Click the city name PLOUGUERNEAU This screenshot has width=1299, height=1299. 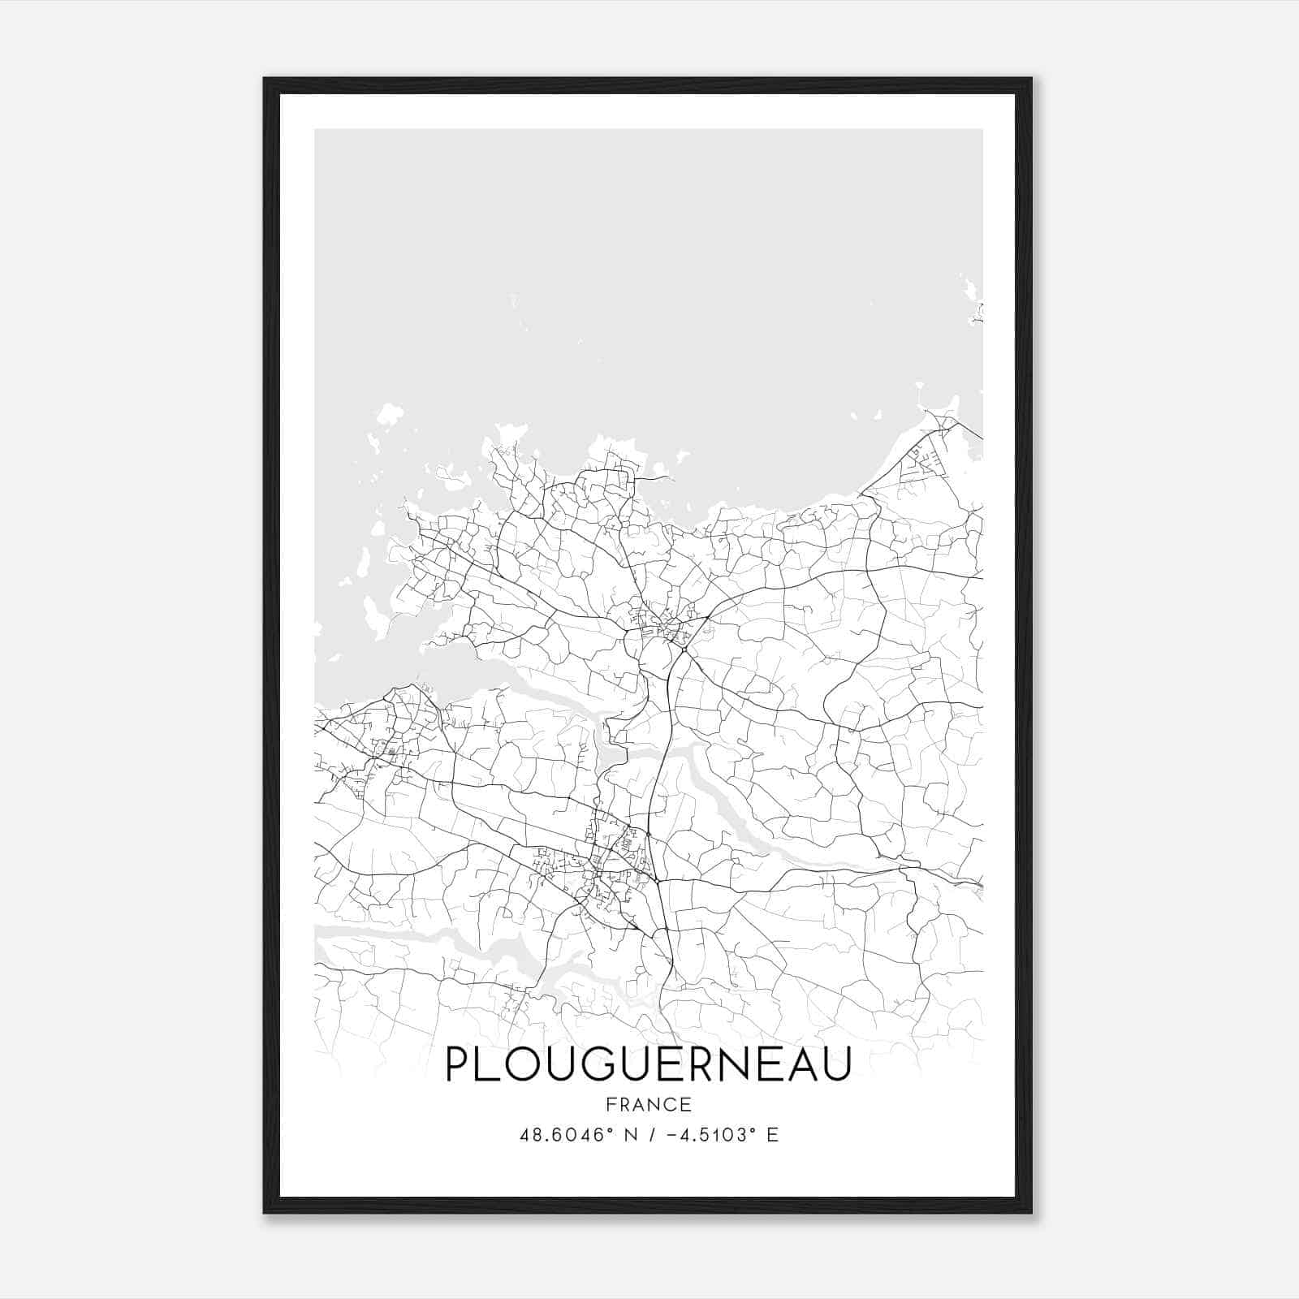pyautogui.click(x=648, y=1064)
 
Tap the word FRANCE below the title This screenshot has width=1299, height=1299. pyautogui.click(x=648, y=1105)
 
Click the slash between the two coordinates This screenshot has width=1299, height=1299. pyautogui.click(x=652, y=1135)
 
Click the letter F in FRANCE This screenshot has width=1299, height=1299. pyautogui.click(x=610, y=1105)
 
